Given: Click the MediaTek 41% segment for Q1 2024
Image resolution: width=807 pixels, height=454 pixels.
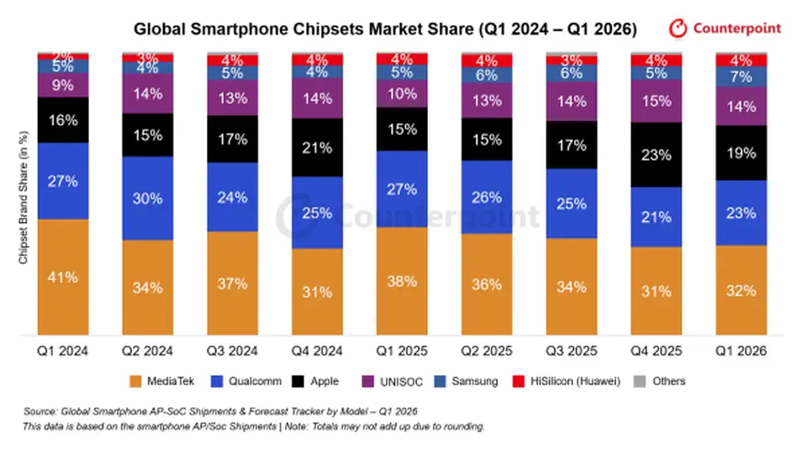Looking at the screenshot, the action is point(63,277).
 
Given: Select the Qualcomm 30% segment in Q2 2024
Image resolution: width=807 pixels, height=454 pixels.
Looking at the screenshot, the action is point(148,198).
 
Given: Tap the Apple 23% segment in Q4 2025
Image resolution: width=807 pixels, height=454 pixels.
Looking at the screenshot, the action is point(657,155).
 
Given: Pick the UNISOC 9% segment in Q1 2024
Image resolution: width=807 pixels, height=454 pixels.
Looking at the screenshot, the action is point(63,85).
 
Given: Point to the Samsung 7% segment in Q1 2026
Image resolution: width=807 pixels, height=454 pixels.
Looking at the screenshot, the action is point(741,77).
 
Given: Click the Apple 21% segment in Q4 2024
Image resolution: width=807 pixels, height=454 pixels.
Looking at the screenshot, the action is point(317,148).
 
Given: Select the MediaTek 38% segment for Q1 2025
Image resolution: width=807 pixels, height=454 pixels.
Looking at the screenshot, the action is point(402,281).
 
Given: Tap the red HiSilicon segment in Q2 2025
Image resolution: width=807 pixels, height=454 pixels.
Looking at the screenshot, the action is point(487,61).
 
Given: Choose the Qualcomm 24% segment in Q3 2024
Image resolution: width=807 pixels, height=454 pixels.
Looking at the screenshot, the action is point(233,197).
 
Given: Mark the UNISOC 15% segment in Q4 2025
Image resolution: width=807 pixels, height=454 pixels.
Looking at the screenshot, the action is point(657,101).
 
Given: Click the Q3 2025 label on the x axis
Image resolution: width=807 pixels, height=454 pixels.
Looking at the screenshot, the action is point(572,351).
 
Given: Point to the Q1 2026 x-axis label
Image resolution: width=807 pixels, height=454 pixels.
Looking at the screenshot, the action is point(741,351).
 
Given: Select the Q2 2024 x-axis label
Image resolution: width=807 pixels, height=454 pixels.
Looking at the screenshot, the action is point(148,351).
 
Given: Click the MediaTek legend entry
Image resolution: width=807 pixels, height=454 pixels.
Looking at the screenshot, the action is point(162,382).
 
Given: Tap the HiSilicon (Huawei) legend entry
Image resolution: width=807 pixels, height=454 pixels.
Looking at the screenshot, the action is point(567,382).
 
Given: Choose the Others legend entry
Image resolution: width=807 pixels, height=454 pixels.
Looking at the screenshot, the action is point(660,382).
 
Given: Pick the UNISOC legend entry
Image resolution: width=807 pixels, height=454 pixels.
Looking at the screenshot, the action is point(393,382).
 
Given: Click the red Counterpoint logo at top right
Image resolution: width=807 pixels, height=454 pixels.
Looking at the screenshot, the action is point(725,29).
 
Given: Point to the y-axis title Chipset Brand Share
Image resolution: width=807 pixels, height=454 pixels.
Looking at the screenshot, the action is point(24,198).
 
